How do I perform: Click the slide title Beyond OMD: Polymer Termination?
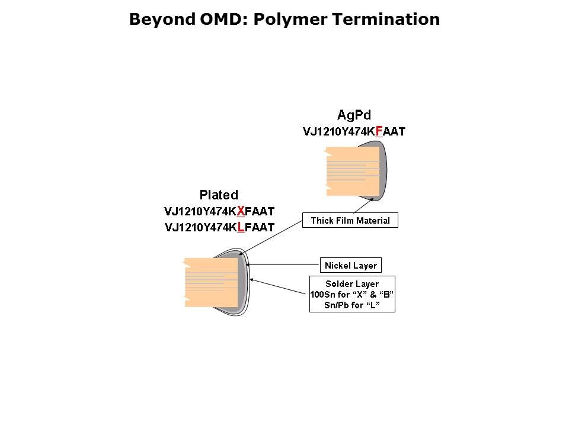[284, 20]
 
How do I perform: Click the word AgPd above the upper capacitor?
[354, 114]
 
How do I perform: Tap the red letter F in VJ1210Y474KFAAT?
[379, 131]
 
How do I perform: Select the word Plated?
[219, 195]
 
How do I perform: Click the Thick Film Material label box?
[350, 221]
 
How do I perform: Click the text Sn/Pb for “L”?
[352, 305]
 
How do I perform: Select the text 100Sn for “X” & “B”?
[352, 295]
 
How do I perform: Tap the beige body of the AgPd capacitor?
[353, 172]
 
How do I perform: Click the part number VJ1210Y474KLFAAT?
[219, 227]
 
